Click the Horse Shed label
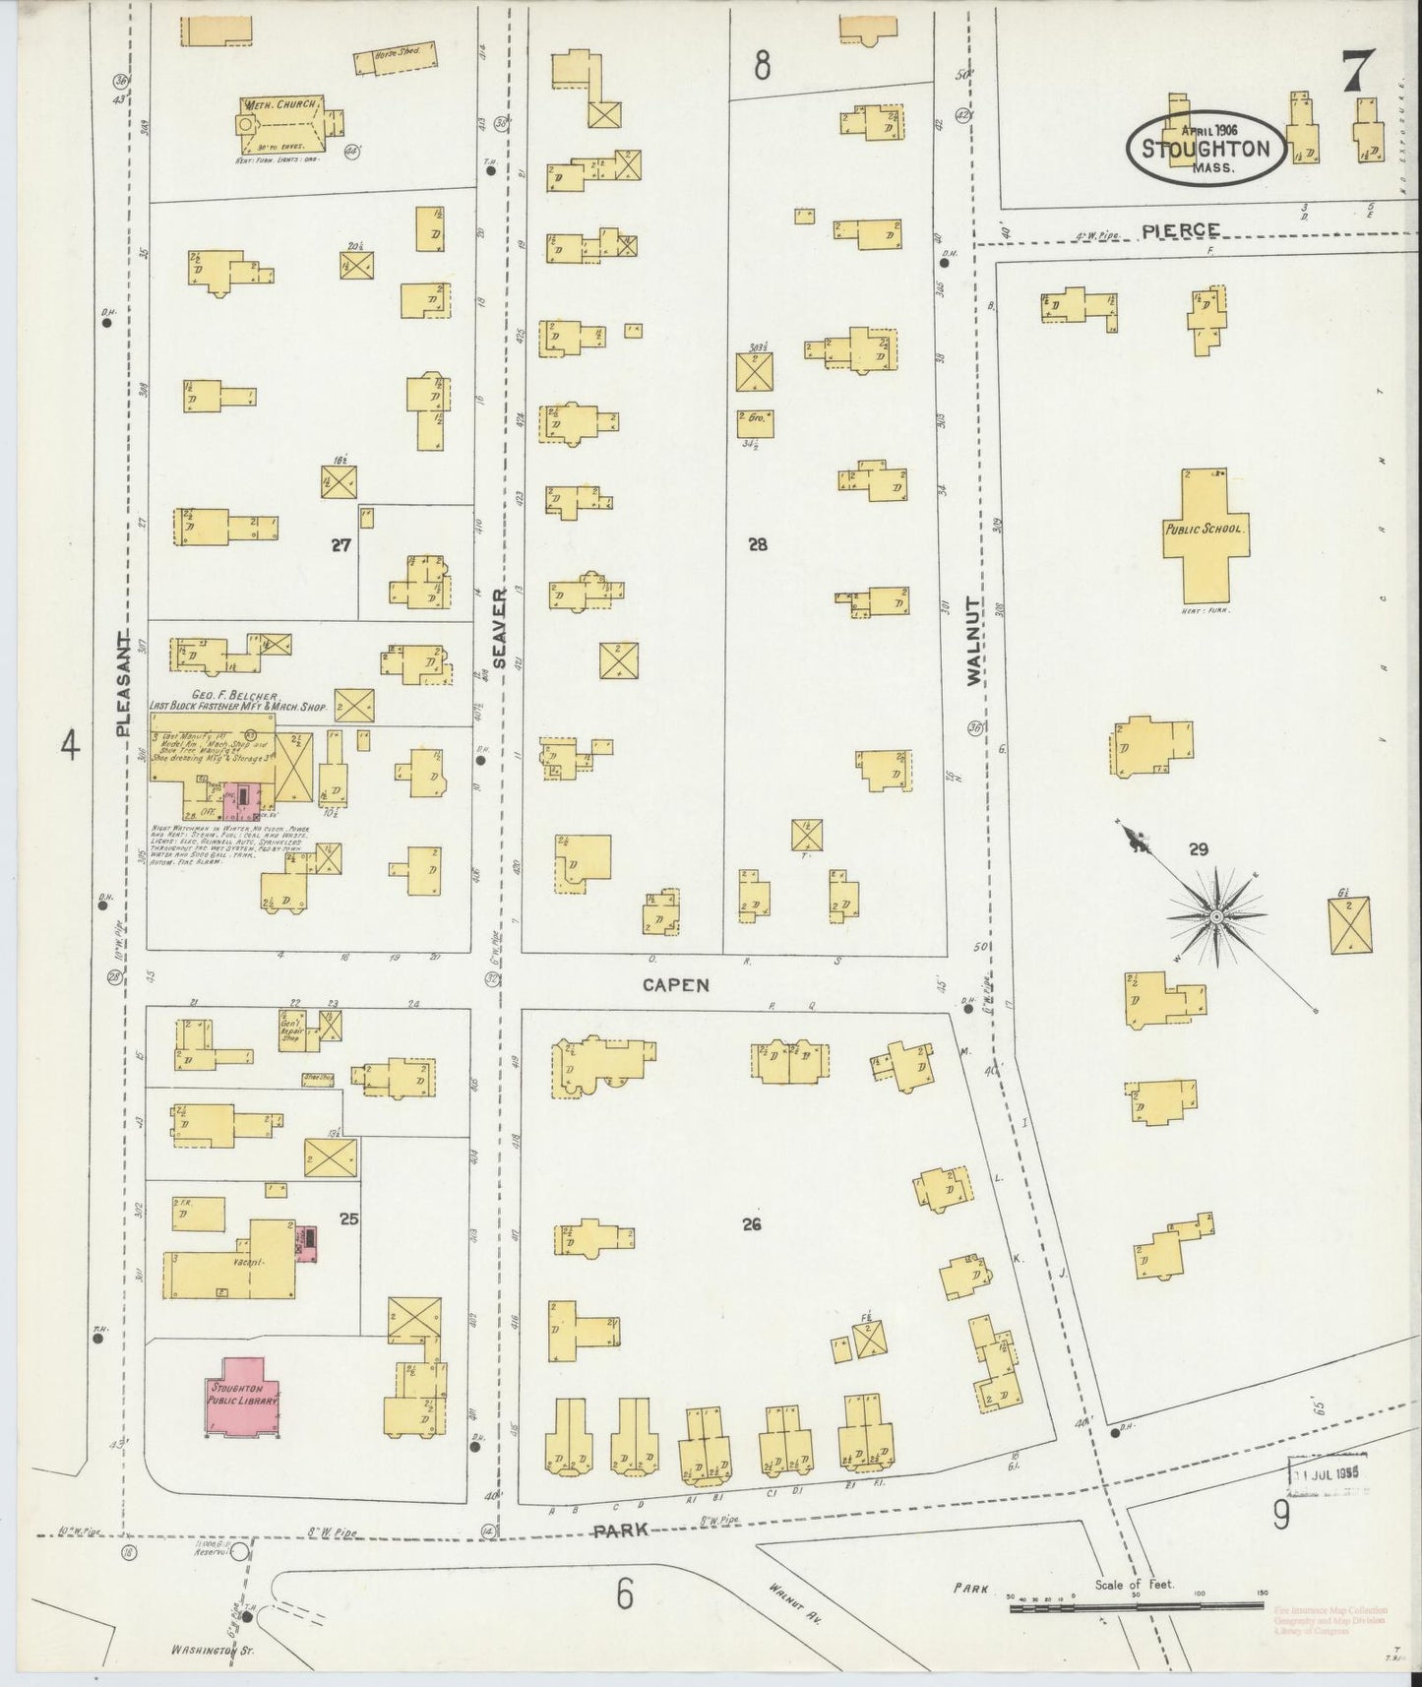[x=397, y=61]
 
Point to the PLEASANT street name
[x=124, y=684]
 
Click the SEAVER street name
[x=499, y=629]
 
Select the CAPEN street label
[x=677, y=985]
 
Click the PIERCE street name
[x=1181, y=230]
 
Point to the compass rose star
[x=1216, y=915]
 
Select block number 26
[x=753, y=1224]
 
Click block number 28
[x=757, y=543]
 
